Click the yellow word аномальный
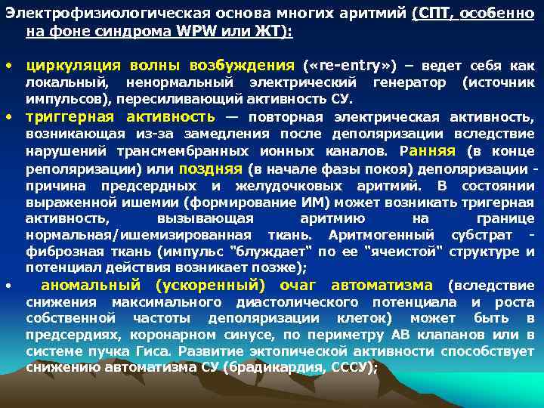[x=90, y=285]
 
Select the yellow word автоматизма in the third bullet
[x=382, y=285]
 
